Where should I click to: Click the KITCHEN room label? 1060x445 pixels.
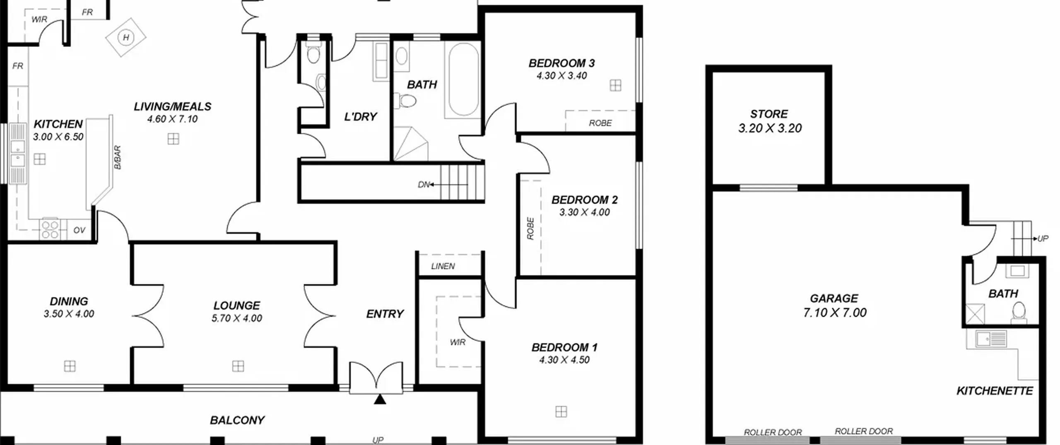[58, 124]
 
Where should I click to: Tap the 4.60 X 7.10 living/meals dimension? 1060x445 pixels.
[172, 119]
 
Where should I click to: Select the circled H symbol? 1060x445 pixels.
[126, 38]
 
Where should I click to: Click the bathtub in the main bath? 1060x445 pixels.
[463, 79]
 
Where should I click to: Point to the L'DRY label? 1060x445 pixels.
[361, 117]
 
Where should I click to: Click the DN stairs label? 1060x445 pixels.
[424, 185]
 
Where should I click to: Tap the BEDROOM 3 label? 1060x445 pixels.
[561, 63]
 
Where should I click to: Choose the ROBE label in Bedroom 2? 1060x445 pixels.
[530, 229]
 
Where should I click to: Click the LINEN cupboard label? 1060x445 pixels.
[443, 266]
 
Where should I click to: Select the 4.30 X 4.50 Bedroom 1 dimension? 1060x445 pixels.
[564, 360]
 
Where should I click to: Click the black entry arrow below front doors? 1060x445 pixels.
[380, 399]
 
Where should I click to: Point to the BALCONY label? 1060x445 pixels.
[237, 420]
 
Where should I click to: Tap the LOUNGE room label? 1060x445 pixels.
[237, 305]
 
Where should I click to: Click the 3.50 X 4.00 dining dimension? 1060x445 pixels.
[69, 314]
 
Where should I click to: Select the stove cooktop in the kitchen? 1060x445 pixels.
[50, 229]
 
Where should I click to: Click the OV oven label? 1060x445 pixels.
[79, 230]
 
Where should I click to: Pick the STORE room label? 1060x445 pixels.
[769, 114]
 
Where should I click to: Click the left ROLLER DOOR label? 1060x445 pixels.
[773, 432]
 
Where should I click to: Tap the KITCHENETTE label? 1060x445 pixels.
[995, 391]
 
